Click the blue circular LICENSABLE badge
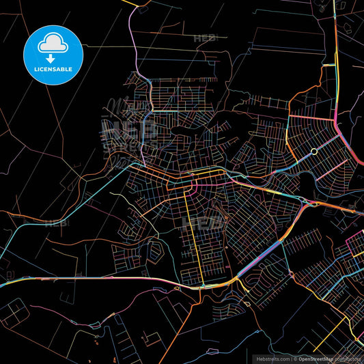tap(53, 55)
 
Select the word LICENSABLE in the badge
tap(53, 70)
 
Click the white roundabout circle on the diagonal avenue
tap(313, 151)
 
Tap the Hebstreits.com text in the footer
tap(272, 358)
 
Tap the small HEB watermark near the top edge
tap(205, 38)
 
